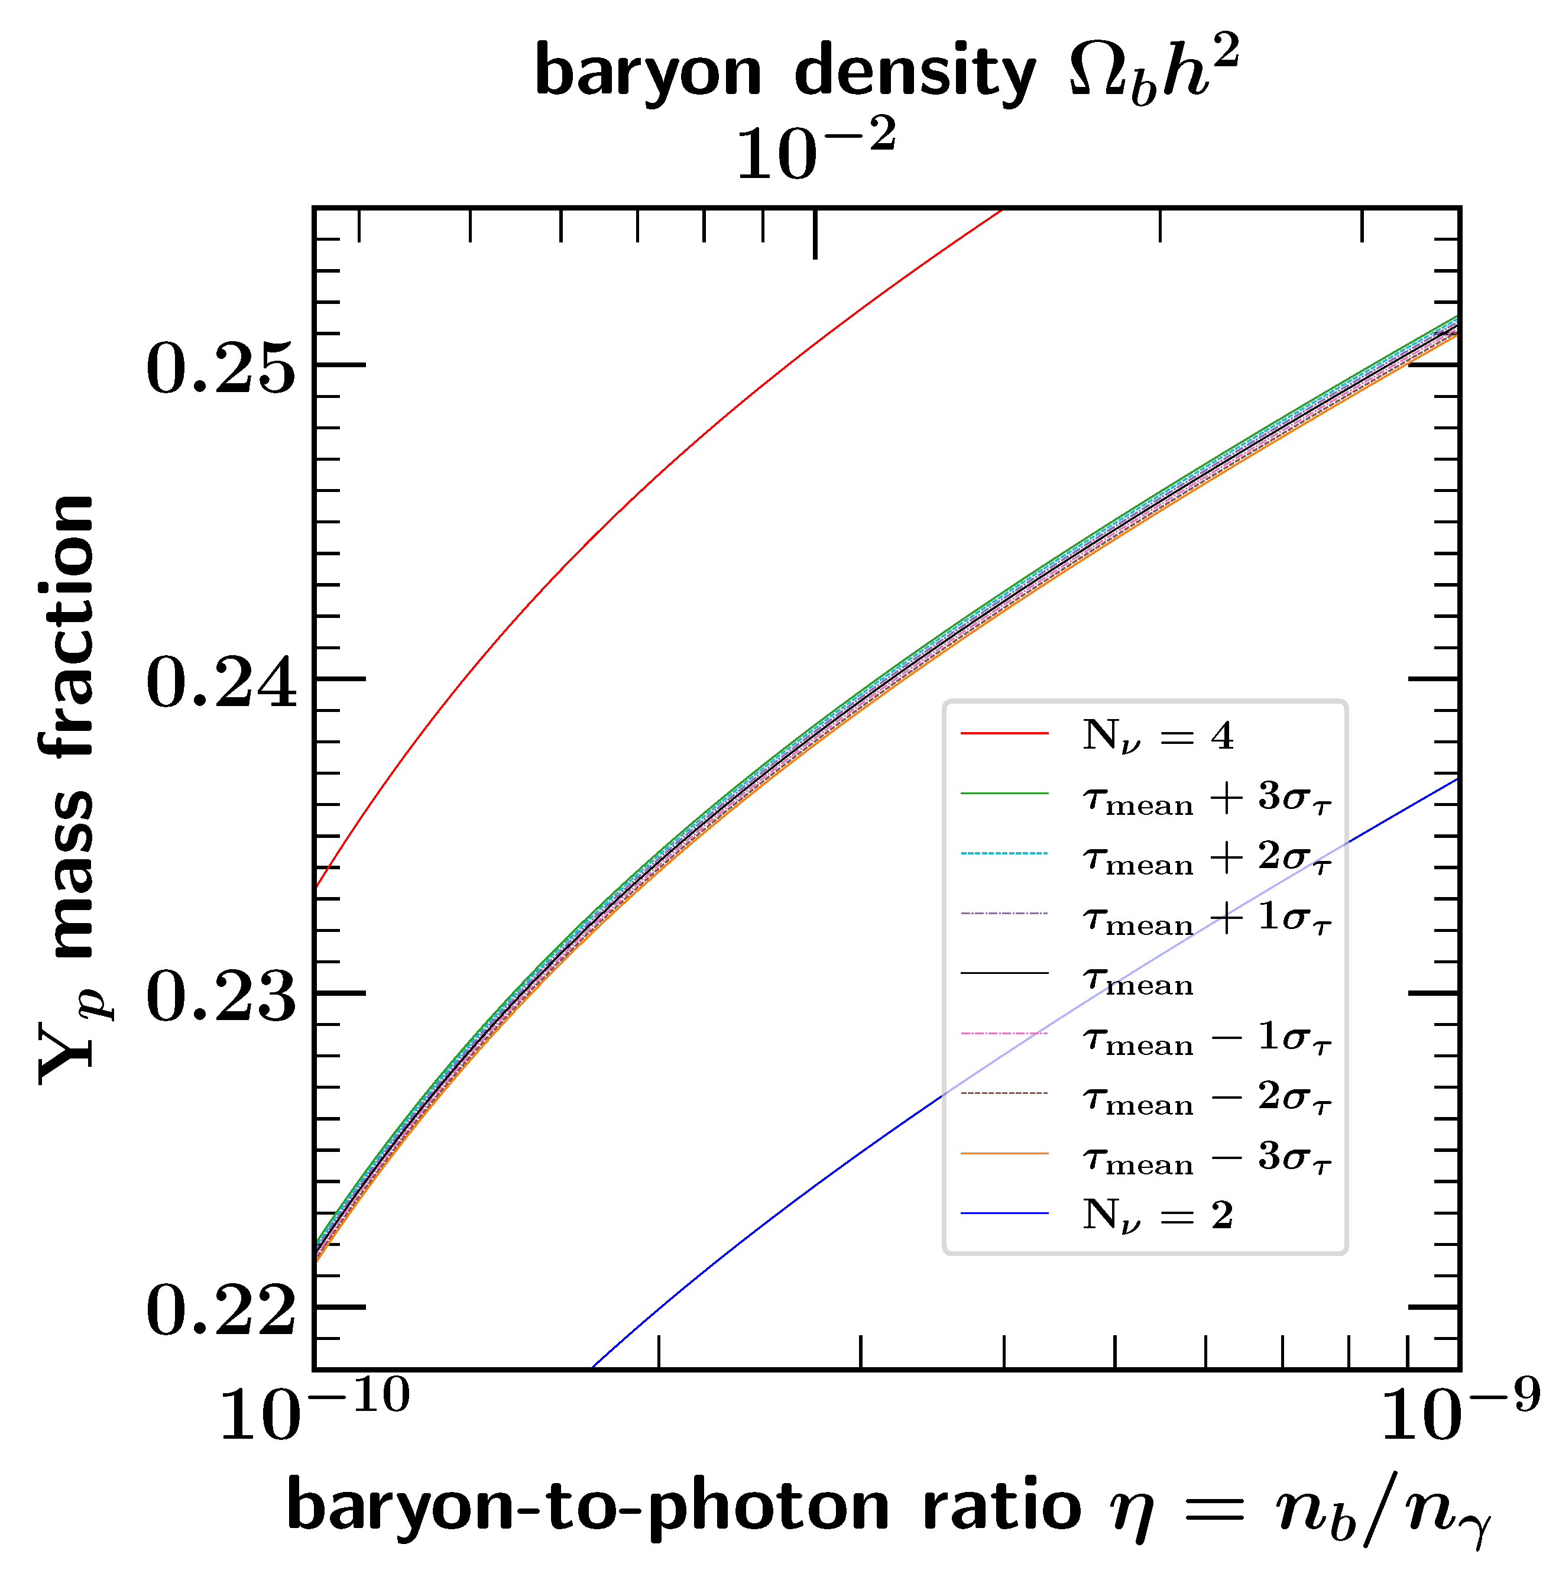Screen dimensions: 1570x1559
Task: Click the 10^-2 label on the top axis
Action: point(815,150)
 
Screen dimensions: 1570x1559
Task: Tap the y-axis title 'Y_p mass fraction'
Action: point(69,788)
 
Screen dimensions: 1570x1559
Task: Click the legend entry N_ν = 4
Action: point(1157,736)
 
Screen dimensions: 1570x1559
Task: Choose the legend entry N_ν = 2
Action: point(1157,1216)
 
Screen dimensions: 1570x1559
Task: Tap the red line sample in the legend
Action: point(1004,734)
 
